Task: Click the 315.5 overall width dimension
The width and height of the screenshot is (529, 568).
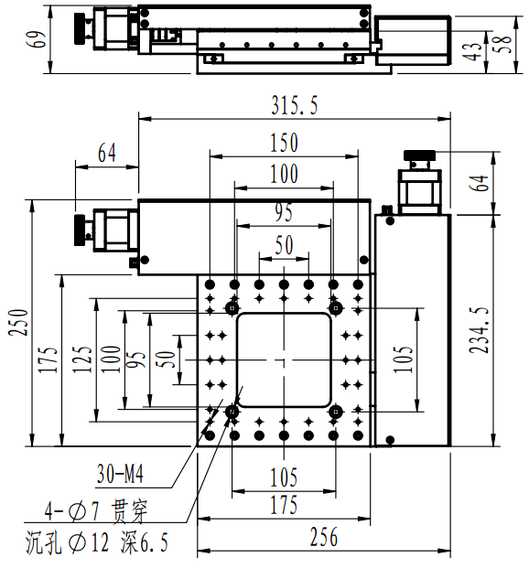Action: click(x=295, y=106)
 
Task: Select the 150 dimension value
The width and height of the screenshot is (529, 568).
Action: click(x=285, y=143)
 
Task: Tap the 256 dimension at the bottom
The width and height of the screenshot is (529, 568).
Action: click(x=324, y=537)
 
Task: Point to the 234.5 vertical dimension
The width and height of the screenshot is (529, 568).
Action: click(x=479, y=330)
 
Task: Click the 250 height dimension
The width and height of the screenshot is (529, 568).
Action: click(x=18, y=322)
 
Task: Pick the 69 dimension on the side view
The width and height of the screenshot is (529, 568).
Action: click(x=36, y=39)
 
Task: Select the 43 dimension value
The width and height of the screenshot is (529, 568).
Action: click(x=471, y=51)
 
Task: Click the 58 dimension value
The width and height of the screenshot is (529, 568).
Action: click(x=503, y=44)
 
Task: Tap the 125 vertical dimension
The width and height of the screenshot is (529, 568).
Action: click(x=81, y=359)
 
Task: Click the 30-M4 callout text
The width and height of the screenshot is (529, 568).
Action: click(x=120, y=474)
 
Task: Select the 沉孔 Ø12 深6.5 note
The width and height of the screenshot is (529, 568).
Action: click(x=96, y=542)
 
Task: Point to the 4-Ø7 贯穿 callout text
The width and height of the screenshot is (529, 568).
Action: click(x=96, y=511)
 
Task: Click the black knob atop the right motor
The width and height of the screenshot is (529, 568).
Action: click(x=419, y=155)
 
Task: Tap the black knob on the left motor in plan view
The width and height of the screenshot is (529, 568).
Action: click(x=80, y=230)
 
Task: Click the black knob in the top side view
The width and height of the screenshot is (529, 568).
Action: click(x=80, y=28)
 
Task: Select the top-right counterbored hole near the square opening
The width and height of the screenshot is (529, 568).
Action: click(x=336, y=308)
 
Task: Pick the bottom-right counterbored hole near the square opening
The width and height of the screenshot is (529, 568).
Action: click(x=336, y=412)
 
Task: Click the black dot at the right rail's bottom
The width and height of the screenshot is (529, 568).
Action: click(x=390, y=440)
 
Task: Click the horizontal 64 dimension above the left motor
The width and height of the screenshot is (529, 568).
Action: click(x=107, y=153)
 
